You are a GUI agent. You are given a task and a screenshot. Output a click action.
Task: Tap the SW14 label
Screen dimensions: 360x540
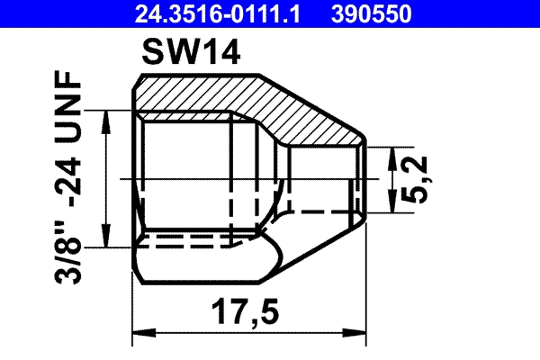[x=191, y=56]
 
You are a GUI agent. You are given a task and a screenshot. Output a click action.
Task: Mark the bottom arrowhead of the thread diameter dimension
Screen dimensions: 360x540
[x=109, y=238]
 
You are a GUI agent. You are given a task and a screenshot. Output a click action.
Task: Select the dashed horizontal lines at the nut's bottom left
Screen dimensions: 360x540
[x=193, y=241]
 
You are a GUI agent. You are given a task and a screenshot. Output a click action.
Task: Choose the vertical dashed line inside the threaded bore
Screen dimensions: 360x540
[x=231, y=180]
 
